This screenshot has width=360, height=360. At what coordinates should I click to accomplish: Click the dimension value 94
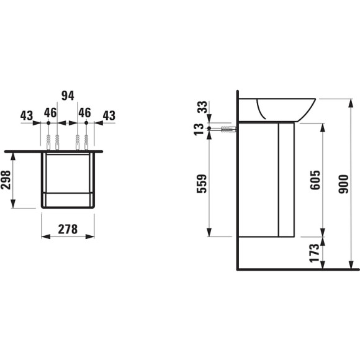coord(67,96)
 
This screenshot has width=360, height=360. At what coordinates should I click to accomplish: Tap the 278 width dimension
coord(68,229)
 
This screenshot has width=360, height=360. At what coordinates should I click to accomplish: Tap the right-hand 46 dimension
coord(84,113)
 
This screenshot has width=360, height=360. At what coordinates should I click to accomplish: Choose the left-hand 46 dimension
coord(50,113)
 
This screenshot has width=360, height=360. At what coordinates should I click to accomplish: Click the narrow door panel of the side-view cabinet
coord(286,179)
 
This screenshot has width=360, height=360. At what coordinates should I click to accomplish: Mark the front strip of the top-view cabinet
coord(68,200)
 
